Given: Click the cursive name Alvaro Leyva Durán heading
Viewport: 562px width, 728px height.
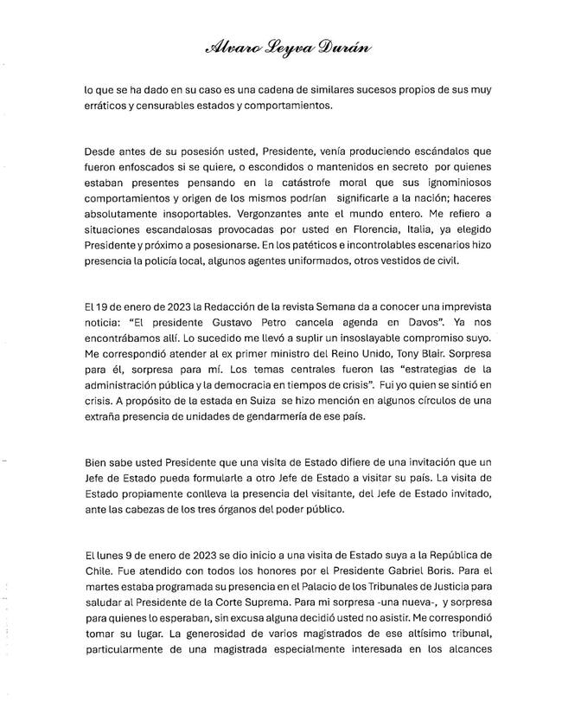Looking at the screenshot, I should click(282, 49).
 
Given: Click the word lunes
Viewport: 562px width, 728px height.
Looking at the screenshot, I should click(109, 555).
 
